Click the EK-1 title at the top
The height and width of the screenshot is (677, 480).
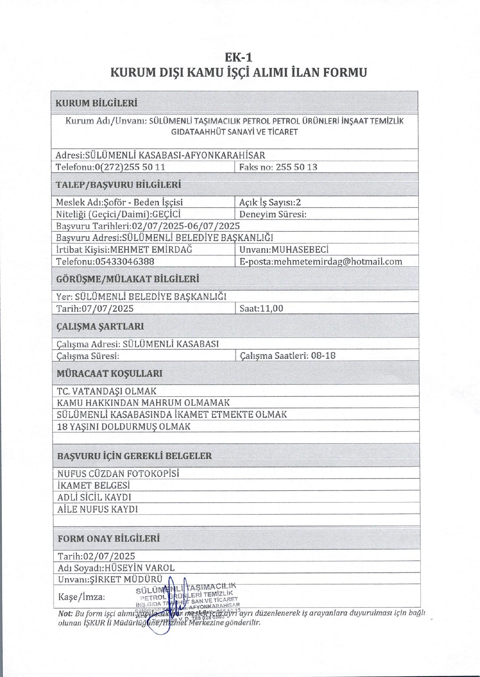239,57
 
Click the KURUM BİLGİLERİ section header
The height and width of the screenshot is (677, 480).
96,103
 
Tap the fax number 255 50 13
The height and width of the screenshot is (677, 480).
296,167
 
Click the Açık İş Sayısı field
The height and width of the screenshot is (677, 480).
270,202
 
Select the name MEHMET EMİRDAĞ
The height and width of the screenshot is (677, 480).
151,250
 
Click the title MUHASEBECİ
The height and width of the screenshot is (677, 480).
300,250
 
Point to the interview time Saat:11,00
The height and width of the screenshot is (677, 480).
261,309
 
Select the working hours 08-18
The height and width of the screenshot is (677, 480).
323,355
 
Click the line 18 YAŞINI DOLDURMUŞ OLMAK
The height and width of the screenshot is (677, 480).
123,427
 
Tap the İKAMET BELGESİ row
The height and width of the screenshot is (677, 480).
93,486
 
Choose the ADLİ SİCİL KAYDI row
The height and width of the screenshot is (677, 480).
94,498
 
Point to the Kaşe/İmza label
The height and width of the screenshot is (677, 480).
81,597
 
